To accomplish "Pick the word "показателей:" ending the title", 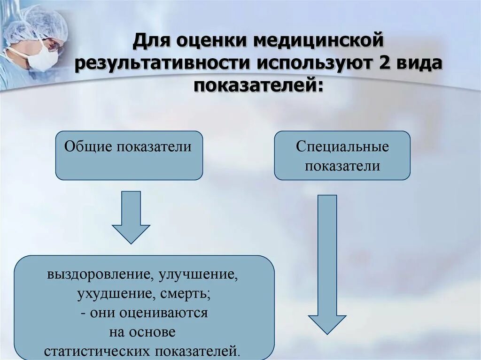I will (x=258, y=86).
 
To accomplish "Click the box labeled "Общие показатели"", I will (x=129, y=155).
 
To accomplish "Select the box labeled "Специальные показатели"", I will (x=342, y=155).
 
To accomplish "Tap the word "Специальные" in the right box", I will (x=342, y=146).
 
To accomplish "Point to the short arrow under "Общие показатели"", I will (x=131, y=216).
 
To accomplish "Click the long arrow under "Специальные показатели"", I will (x=327, y=263).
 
